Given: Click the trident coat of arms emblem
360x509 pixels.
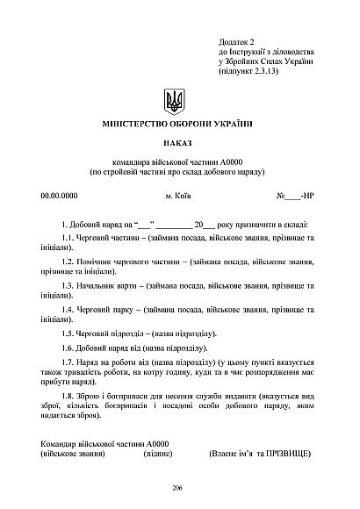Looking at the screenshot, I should (176, 100).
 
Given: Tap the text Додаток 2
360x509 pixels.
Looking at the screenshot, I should (235, 42).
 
